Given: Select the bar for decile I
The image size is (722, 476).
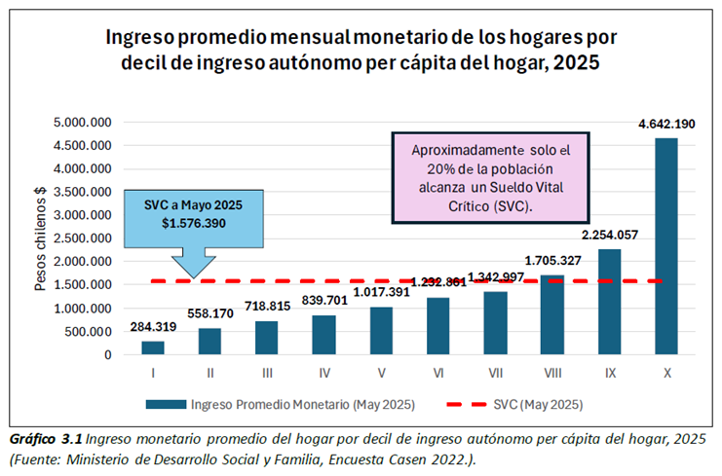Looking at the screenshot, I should (x=153, y=348).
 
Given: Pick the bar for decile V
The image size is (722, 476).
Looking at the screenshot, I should (x=381, y=331).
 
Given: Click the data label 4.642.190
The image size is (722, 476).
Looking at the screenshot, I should (x=666, y=124).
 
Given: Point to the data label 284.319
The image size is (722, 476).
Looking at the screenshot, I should (x=153, y=327).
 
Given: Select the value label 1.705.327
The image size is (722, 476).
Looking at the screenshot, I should (x=552, y=261).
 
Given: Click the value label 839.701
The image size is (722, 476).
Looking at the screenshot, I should (x=324, y=302).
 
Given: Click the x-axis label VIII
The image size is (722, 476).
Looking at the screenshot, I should (x=551, y=372).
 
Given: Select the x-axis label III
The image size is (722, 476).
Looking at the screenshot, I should (x=267, y=372).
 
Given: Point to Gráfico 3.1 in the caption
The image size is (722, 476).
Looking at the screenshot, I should (x=42, y=437).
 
